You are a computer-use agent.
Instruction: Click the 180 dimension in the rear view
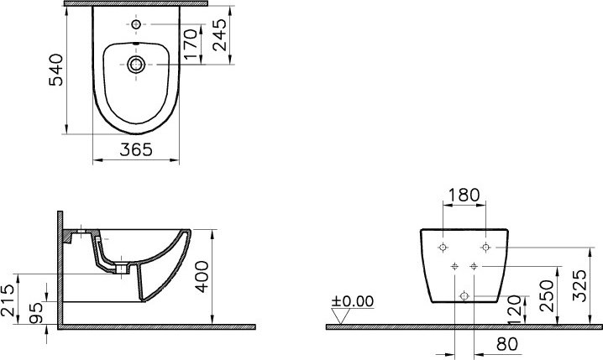tap(464, 195)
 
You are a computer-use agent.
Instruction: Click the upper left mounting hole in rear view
tap(442, 247)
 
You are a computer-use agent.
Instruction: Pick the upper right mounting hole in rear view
tap(485, 247)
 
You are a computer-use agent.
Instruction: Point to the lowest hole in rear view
tap(464, 295)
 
